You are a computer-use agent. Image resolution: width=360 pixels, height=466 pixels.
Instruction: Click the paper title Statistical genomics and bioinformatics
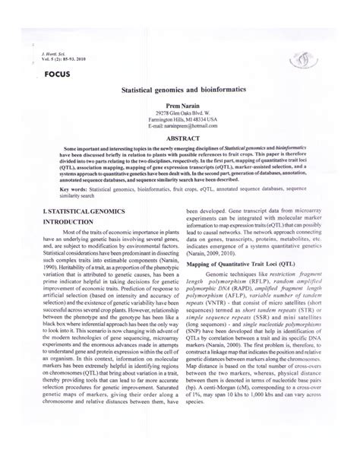tap(180, 89)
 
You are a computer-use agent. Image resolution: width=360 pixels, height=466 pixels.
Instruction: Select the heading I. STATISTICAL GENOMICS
tap(74, 208)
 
